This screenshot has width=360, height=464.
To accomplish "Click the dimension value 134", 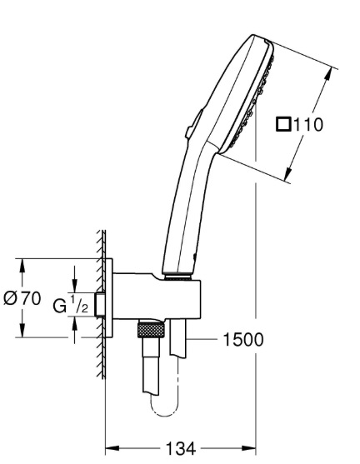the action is point(181,449).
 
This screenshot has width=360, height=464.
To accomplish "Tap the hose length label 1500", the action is point(242,339).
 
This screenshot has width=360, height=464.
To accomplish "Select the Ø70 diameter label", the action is point(22,298).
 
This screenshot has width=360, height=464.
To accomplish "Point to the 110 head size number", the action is point(308,125).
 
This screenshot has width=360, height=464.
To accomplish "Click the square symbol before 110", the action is point(283,124).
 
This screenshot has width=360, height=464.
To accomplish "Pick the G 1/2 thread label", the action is point(71,305).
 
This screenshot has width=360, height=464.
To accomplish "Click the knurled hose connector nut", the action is point(151,330).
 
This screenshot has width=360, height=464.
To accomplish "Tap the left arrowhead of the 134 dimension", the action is point(112,449).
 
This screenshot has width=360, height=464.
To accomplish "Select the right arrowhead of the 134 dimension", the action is point(249,449).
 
